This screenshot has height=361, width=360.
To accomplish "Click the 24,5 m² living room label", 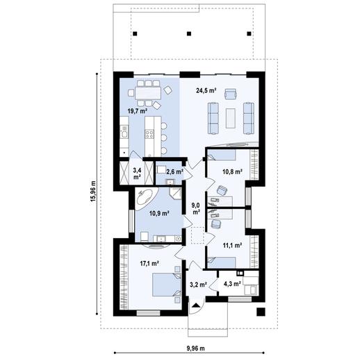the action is [x=206, y=90].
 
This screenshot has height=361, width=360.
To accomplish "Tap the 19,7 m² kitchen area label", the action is [x=138, y=111].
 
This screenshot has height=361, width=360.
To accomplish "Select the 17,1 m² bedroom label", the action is [x=149, y=263].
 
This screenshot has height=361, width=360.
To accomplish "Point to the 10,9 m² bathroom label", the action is [x=159, y=213].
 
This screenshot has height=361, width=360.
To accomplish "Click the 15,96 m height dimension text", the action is [x=93, y=191].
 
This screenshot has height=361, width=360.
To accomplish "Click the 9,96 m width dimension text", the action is [x=195, y=349].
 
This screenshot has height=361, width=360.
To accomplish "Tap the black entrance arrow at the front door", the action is [x=196, y=305].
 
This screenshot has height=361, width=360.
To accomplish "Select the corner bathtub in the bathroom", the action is [x=146, y=199].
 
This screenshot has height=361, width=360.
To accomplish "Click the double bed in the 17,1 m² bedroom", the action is [x=166, y=285].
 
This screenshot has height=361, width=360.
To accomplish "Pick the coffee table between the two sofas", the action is [x=231, y=118].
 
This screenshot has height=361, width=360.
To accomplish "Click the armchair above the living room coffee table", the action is [x=231, y=94].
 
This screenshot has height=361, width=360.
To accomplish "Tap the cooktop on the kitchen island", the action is [x=149, y=134].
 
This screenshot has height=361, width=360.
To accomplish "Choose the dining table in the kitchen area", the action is [x=148, y=93].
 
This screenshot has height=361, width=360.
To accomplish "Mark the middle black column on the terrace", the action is [x=189, y=33].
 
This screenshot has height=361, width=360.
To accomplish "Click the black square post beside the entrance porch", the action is [x=261, y=312].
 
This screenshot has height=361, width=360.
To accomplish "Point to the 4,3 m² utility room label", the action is [x=232, y=284].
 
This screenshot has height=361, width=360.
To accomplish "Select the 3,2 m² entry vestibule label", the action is [x=198, y=285].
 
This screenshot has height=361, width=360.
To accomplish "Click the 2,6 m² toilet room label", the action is [x=174, y=171].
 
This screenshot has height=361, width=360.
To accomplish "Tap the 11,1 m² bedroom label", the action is [x=233, y=245].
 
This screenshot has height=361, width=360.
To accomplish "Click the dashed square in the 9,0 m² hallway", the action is [x=197, y=235].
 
